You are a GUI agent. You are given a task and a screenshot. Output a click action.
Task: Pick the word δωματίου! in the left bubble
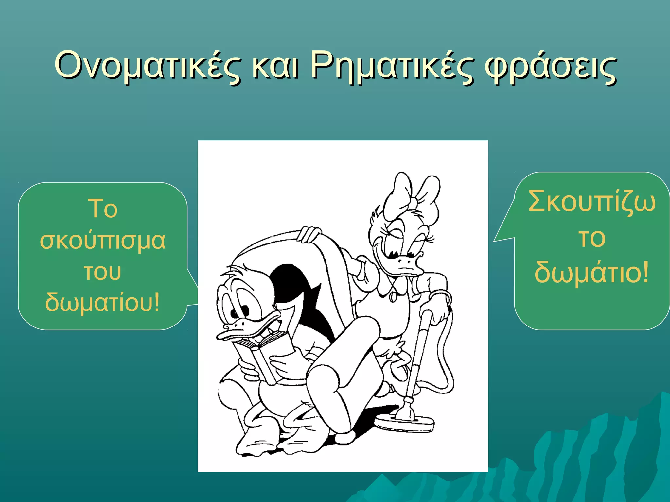[102, 302]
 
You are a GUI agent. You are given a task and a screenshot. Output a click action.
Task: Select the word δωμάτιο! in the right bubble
[591, 272]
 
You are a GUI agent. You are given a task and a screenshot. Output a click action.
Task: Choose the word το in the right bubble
[591, 238]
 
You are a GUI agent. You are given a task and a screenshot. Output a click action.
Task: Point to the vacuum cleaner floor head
[404, 423]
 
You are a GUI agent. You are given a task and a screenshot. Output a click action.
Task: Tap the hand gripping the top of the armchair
[309, 234]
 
